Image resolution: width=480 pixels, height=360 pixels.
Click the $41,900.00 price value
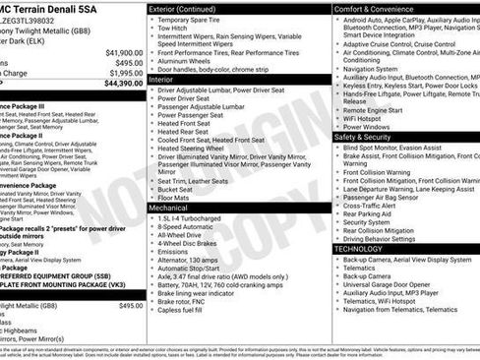pos(118,51)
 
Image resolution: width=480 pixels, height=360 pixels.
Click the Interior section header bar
pos(163,80)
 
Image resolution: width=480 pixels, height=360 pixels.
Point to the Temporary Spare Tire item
pos(197,20)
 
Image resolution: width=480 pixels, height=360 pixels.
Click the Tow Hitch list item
pos(174,30)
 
